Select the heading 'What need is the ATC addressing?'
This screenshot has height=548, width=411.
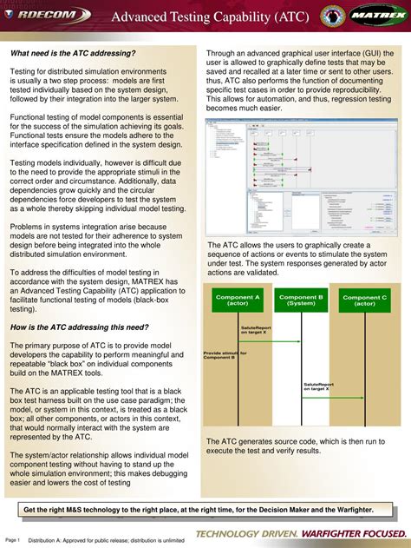[x=74, y=54]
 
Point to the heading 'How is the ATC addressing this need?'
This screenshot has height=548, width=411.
[x=79, y=327]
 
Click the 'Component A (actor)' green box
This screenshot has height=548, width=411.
[x=238, y=300]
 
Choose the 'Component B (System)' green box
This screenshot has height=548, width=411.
[x=301, y=300]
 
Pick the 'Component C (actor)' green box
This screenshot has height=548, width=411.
[x=364, y=300]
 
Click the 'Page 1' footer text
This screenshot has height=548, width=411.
[x=13, y=539]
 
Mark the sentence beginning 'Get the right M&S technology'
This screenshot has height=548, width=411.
[x=199, y=510]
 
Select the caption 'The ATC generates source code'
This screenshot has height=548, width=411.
[x=300, y=446]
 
